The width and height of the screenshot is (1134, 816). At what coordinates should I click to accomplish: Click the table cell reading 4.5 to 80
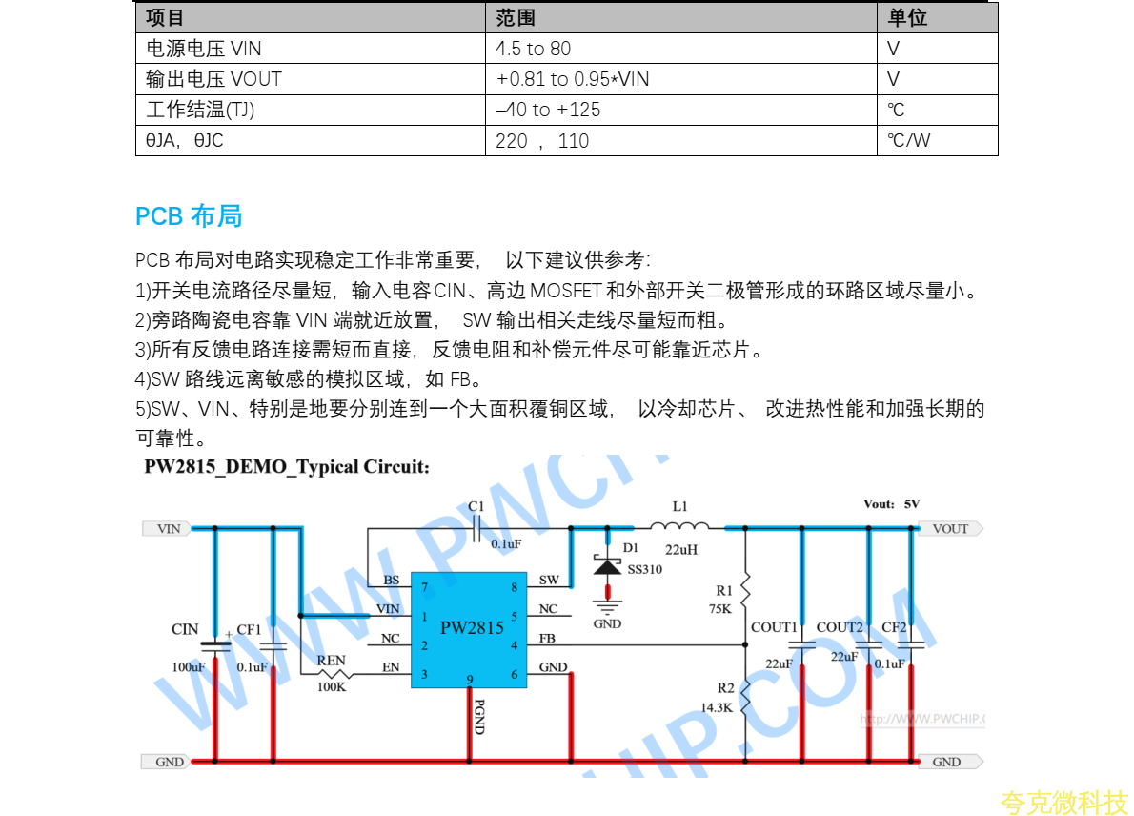tap(534, 49)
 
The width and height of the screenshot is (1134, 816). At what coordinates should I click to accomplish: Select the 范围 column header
tap(516, 18)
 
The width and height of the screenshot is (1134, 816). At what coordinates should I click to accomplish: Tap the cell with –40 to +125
tap(548, 110)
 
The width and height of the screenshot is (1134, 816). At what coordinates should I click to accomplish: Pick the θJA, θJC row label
tap(185, 141)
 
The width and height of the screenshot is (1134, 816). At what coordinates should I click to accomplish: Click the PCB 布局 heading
tap(189, 216)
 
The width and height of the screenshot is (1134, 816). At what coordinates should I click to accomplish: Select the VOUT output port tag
tap(949, 528)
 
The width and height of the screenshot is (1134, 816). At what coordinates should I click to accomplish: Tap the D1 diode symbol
tap(607, 567)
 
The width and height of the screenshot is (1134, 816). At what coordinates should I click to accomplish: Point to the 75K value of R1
tap(719, 608)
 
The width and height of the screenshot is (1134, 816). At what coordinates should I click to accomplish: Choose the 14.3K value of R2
tap(717, 707)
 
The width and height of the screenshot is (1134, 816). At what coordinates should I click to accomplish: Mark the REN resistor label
tap(331, 661)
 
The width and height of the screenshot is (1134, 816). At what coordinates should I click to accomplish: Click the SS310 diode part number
tap(644, 569)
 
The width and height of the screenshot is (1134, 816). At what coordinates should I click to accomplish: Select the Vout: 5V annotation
tap(891, 504)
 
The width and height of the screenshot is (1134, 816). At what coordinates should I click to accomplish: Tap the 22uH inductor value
tap(680, 550)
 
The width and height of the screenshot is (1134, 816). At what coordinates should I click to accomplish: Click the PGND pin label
tap(478, 716)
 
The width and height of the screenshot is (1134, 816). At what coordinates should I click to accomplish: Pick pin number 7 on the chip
tap(424, 587)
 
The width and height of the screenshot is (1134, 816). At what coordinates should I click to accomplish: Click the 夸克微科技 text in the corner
tap(1063, 803)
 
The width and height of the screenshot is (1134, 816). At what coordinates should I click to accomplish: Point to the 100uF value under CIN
tap(189, 667)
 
